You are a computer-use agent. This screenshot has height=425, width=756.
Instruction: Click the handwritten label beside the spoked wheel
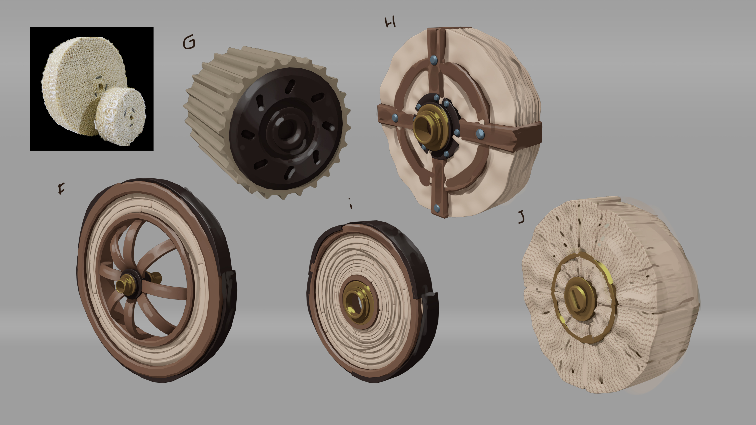click(x=61, y=189)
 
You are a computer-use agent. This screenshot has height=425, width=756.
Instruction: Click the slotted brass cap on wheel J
click(x=581, y=298)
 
